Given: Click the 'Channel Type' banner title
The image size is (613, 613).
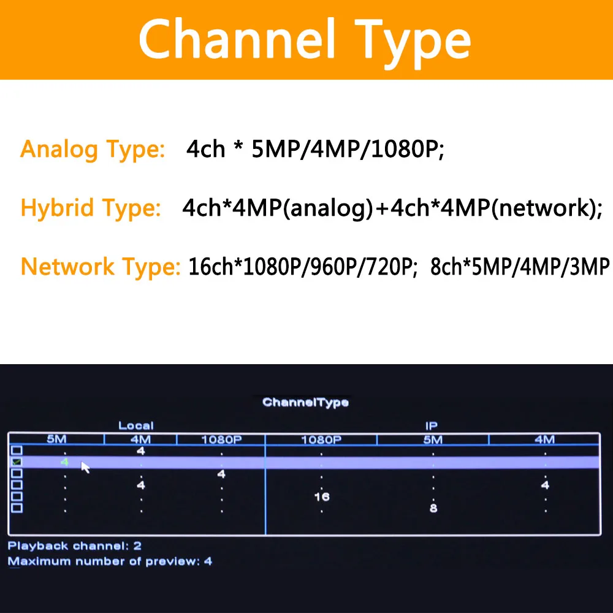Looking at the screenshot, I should pos(305,40).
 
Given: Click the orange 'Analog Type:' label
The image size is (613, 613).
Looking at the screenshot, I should pos(93,149).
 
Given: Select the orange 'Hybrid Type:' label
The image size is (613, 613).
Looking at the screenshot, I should pos(91,208).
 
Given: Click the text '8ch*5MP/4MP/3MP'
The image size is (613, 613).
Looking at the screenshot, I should pos(520,267).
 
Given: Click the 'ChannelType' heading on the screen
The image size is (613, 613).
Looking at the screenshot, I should pos(305,403).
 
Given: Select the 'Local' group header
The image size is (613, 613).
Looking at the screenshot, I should pos(136,425).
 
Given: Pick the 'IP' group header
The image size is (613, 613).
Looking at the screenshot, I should pos(432,425).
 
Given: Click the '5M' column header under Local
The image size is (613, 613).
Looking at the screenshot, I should pos(56,440).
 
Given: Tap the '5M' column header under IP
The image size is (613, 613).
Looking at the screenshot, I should pos(433,440).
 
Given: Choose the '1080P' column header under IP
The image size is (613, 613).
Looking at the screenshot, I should pos(321,440).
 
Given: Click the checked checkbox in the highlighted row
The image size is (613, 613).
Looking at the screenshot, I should pos(17,462).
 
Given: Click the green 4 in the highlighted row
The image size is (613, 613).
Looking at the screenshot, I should pos(64,462).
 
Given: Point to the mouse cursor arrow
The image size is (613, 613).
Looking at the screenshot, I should pos(85,467).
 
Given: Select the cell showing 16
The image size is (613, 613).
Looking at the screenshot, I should pos(322,497).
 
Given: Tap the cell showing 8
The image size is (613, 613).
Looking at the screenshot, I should pos(433,508).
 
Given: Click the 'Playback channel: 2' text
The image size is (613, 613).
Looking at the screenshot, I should pos(75,546).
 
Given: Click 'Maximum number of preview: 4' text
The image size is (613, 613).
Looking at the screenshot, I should pos(110,561).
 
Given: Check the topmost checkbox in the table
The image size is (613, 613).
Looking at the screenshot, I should pos(17,451).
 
